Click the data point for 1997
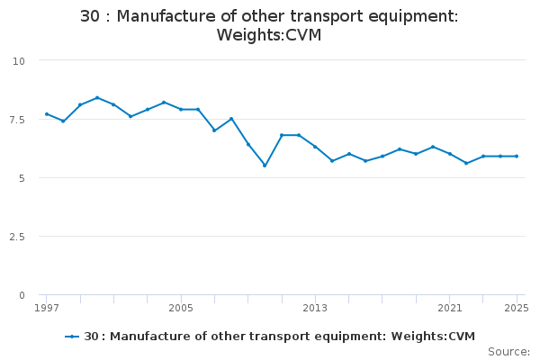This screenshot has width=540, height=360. tap(46, 114)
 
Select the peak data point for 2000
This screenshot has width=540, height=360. tap(96, 98)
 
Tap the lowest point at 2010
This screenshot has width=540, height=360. tap(265, 166)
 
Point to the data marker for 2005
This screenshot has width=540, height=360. tap(181, 110)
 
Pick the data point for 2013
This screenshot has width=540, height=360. tap(315, 147)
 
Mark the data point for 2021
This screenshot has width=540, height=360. tap(450, 154)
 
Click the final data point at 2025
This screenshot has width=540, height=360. tap(517, 157)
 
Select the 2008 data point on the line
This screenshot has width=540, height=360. tap(231, 119)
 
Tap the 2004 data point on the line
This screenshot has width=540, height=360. tap(164, 103)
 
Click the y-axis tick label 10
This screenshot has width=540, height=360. tap(19, 60)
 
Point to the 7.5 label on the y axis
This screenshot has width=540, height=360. tap(17, 119)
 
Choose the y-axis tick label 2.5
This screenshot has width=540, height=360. tap(17, 237)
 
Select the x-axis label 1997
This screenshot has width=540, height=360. tap(46, 309)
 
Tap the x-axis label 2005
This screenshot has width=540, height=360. tap(181, 309)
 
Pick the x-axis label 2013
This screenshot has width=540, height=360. tap(315, 309)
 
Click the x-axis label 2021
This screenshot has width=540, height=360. tap(450, 309)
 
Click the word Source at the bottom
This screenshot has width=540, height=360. tap(508, 352)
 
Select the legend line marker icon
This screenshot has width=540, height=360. tap(72, 337)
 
